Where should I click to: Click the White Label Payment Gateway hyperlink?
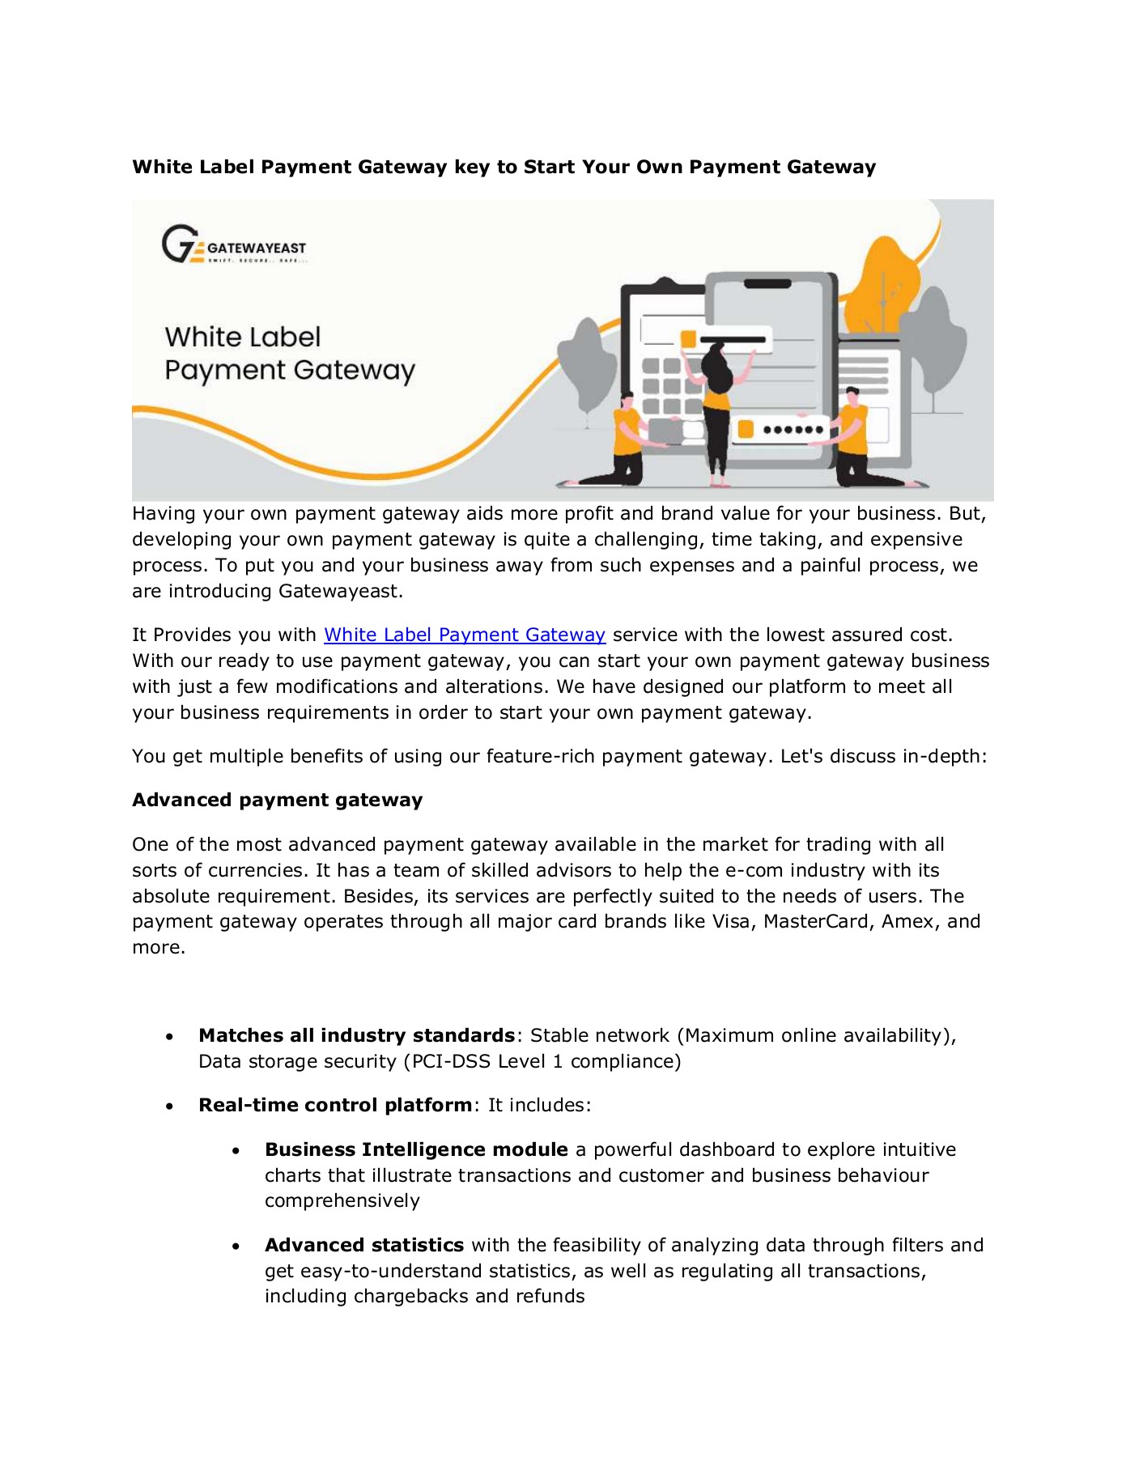coord(464,635)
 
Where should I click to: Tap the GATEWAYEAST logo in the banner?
coord(234,244)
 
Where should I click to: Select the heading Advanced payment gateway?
coord(277,801)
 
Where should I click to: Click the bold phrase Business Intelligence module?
coord(415,1150)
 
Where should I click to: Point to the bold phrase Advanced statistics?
coord(363,1246)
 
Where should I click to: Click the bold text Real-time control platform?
coord(334,1106)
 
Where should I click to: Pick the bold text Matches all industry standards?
coord(356,1036)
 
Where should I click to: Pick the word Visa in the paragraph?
coord(729,922)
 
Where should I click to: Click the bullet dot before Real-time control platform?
coord(169,1106)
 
